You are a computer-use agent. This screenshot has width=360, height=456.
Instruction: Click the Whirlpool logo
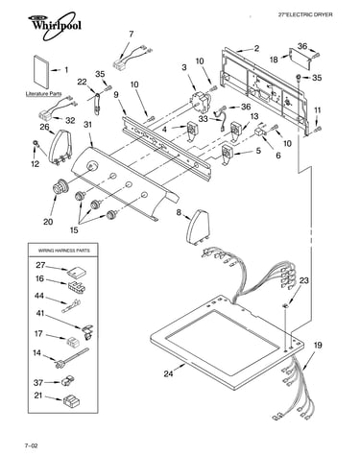click(x=54, y=26)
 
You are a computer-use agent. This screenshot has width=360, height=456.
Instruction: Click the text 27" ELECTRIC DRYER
click(x=305, y=14)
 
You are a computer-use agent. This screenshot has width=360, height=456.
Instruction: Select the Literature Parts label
click(x=43, y=94)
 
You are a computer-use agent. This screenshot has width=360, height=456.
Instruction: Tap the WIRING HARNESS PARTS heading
click(x=64, y=251)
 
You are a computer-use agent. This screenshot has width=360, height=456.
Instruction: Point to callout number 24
click(x=168, y=373)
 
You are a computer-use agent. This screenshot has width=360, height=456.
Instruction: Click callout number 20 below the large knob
click(x=48, y=221)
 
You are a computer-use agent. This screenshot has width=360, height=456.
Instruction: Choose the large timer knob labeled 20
click(x=60, y=186)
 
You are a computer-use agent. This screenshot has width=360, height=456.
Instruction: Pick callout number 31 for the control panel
click(x=87, y=124)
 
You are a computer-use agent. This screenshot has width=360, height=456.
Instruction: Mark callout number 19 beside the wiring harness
click(x=318, y=346)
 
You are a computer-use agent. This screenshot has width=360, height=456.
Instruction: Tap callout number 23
click(x=304, y=280)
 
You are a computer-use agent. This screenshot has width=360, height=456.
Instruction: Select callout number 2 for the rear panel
click(x=256, y=48)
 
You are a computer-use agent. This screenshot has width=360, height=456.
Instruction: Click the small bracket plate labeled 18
click(x=300, y=58)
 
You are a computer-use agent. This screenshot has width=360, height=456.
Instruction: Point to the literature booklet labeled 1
click(x=41, y=72)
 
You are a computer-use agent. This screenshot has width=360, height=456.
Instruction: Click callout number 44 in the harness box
click(x=39, y=296)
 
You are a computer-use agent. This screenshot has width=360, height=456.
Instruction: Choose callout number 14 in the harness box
click(x=37, y=353)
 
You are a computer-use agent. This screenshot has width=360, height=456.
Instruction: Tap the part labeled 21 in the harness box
click(x=71, y=400)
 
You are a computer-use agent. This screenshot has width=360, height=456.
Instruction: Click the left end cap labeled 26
click(x=60, y=147)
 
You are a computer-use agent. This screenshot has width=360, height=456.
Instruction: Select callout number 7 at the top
click(x=132, y=34)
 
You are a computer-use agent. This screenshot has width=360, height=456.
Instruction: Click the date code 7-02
click(x=31, y=445)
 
